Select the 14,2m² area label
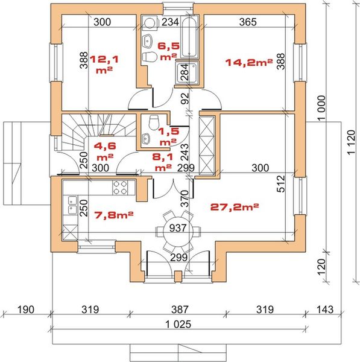point(249,62)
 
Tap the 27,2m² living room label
point(235,207)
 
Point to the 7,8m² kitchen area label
point(114,215)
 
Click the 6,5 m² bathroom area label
point(169,51)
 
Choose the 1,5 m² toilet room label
point(168,137)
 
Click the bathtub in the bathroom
point(189,36)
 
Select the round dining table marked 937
point(178,231)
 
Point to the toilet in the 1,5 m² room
point(154,122)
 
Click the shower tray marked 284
point(187,72)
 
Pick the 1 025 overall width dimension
point(178,324)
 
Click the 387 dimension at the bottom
point(180,310)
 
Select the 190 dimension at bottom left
point(25,310)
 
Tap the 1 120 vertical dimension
point(351,142)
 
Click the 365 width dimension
point(248,22)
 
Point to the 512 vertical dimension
point(281,184)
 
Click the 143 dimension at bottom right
point(325,310)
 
